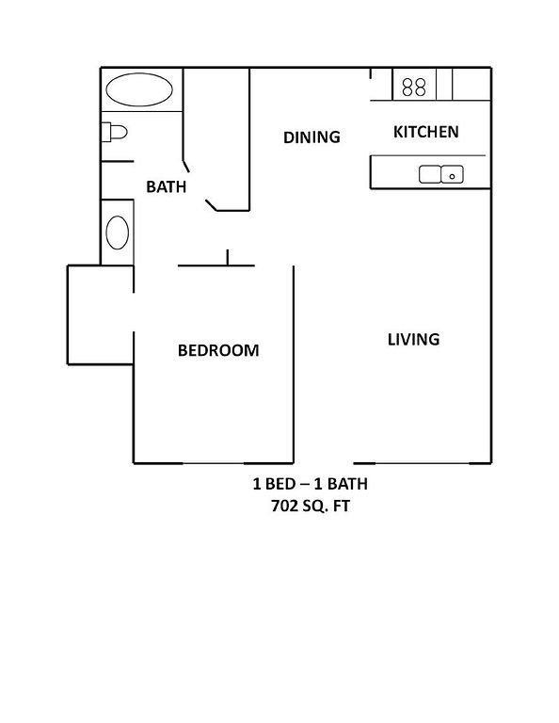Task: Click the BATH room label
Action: click(x=166, y=186)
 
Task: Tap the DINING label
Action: click(x=311, y=137)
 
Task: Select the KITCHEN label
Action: click(x=425, y=132)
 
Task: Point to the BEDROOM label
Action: click(x=218, y=350)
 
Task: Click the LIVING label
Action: click(x=413, y=339)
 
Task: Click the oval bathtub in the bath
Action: click(x=139, y=89)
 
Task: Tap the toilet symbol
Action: click(x=114, y=133)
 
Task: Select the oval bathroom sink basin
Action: click(x=118, y=233)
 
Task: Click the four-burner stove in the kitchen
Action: click(x=414, y=87)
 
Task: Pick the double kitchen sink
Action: click(x=441, y=175)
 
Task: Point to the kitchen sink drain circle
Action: click(x=452, y=176)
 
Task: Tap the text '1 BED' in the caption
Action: click(x=274, y=484)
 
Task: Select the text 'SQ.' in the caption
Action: click(x=314, y=506)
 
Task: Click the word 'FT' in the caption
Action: click(x=342, y=506)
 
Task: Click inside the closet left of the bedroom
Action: click(x=101, y=315)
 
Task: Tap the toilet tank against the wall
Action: click(x=106, y=133)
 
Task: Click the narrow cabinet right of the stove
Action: click(x=444, y=85)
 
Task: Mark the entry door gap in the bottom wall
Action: click(x=324, y=463)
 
